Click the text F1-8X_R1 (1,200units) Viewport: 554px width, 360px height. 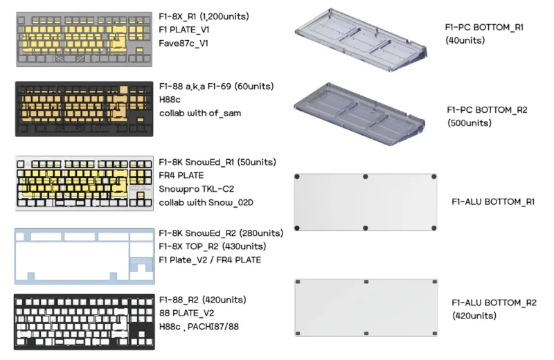pos(204,17)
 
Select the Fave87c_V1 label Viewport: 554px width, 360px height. pos(184,44)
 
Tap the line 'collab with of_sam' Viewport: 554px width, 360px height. pos(200,114)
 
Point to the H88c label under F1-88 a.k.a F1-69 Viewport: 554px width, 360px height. pos(170,100)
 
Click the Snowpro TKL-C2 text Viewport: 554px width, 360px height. pos(197,189)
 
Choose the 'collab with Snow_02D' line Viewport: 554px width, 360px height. pos(206,203)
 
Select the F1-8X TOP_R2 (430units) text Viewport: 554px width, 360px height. pos(213,246)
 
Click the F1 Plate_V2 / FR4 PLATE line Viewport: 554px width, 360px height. pos(210,260)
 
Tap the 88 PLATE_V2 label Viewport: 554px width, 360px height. pos(186,313)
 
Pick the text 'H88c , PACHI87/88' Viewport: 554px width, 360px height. pos(199,327)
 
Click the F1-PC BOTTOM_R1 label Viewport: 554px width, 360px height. pos(484,27)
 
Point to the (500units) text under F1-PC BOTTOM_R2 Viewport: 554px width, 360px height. pos(470,123)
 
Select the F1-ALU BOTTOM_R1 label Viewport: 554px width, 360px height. pos(493,201)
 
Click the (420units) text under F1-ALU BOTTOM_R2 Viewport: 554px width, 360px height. pos(474,316)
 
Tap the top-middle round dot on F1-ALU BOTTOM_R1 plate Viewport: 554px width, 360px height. pos(366,177)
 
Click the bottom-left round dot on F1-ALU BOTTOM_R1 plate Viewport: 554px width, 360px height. pos(297,228)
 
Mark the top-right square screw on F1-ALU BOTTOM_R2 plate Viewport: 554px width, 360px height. pos(435,282)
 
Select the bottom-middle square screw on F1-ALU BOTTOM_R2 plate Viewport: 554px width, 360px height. pos(366,334)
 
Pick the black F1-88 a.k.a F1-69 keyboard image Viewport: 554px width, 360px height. pos(84,109)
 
